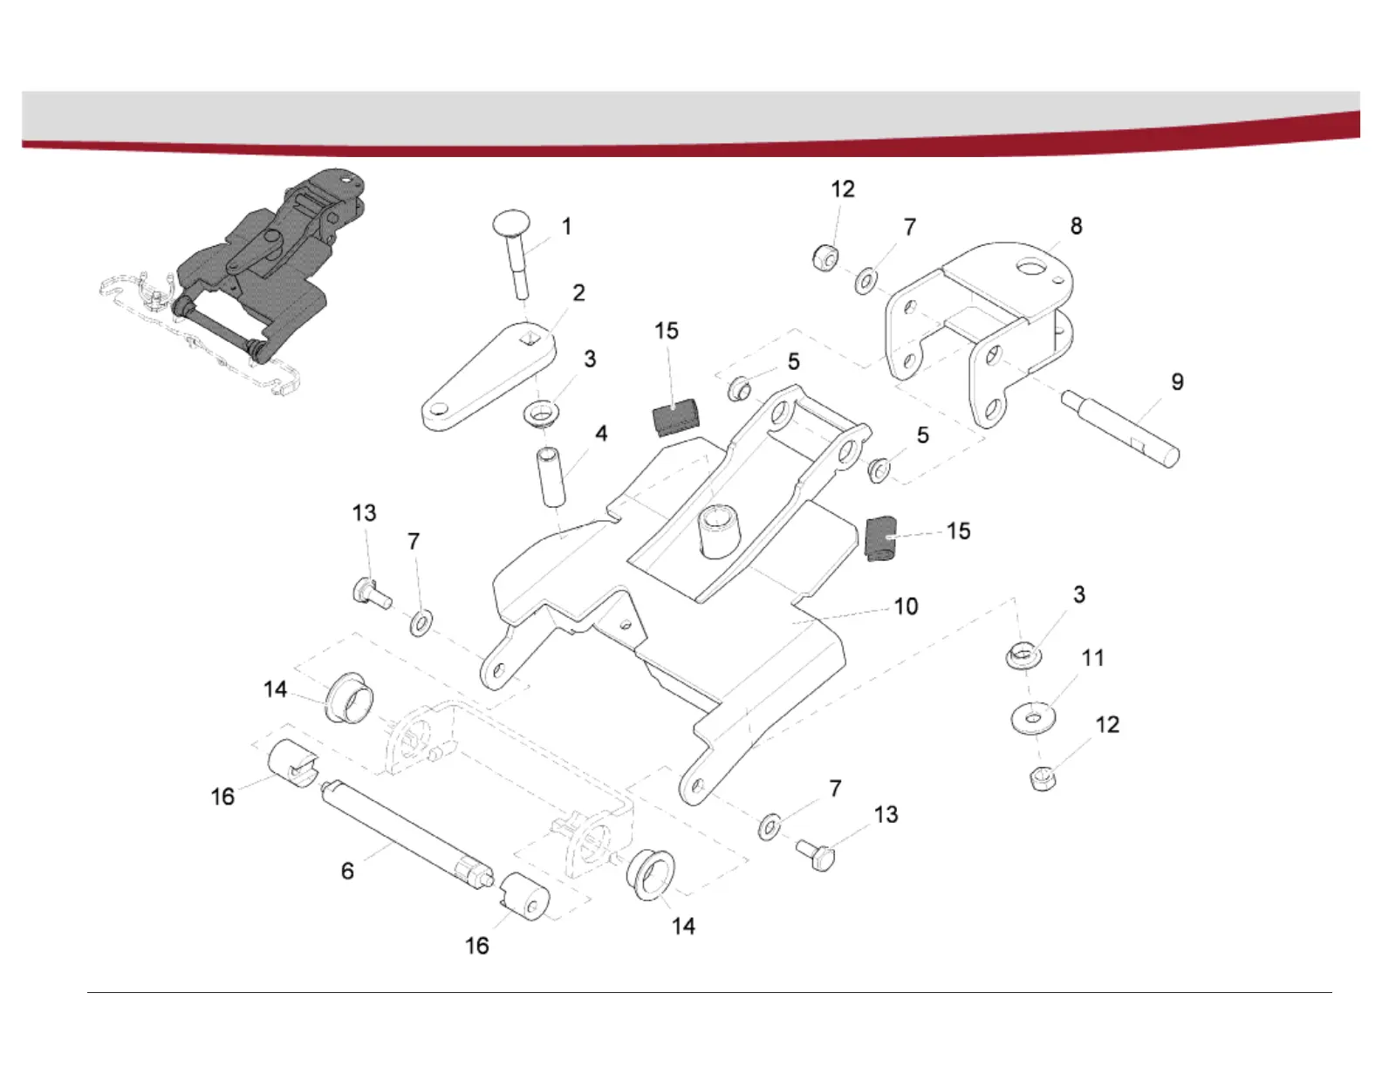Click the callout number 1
coord(566,227)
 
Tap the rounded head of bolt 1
coord(512,222)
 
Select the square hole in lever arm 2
coord(528,338)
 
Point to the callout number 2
coord(578,293)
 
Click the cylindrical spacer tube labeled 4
coord(551,476)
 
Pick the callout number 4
coord(601,434)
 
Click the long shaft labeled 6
coord(406,830)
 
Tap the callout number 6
coord(347,871)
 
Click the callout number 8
coord(1076,227)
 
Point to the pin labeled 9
coord(1121,428)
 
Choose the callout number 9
coord(1177,382)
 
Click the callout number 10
coord(906,606)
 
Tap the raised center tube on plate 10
coord(717,530)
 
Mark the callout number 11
coord(1092,658)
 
